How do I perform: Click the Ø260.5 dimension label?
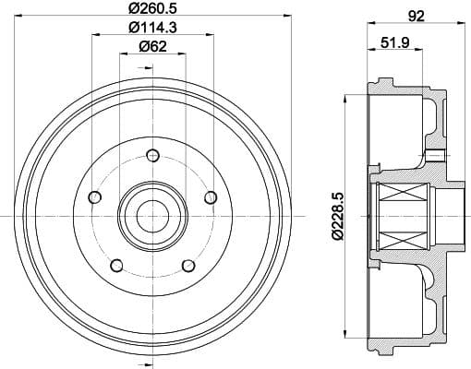pos(151,10)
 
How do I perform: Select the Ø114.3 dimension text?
pos(151,30)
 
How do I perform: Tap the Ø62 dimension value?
pos(151,50)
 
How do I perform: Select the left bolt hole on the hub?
pos(94,196)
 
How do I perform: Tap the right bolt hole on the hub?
pos(210,196)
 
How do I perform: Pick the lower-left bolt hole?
pos(116,266)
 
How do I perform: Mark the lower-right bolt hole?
pos(188,266)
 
